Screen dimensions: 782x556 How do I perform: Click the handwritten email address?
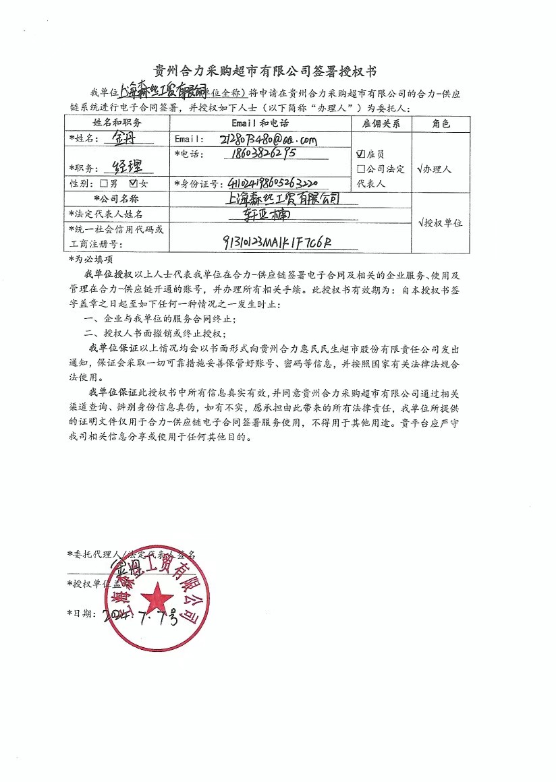tap(268, 140)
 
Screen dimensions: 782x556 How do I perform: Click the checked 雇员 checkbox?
tap(361, 154)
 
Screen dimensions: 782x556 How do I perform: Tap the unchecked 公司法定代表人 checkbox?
tap(361, 169)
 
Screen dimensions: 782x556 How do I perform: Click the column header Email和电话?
tap(260, 124)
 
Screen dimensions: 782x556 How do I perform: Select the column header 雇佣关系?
tap(381, 124)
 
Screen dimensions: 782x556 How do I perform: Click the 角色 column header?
tap(440, 124)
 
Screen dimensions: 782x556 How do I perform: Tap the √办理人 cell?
tap(440, 169)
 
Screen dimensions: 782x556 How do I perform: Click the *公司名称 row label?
tap(117, 199)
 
